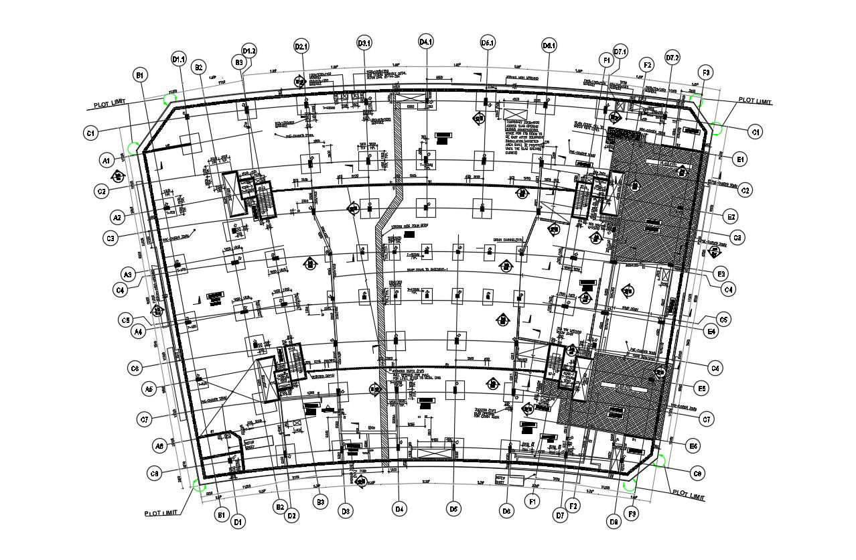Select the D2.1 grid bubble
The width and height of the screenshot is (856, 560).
point(302,46)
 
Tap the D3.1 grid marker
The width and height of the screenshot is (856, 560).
point(364,44)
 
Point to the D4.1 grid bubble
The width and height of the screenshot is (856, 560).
point(426,42)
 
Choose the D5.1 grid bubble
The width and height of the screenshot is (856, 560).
point(488,44)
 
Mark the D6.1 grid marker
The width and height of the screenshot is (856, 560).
point(549,46)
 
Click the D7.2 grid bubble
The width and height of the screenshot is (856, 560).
point(672,58)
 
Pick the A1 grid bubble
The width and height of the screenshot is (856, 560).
point(106,161)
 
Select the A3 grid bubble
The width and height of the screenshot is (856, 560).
point(129,274)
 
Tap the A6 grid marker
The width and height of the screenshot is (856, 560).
point(159,445)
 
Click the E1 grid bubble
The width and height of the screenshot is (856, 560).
point(739,159)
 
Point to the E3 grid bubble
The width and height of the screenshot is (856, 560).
point(721,274)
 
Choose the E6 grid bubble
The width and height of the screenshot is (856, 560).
point(693,445)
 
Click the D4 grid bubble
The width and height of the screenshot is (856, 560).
point(400,510)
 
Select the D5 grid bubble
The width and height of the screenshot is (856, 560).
point(453,510)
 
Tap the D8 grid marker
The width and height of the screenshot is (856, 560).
point(614,521)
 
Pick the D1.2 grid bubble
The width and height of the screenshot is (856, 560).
point(249,51)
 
